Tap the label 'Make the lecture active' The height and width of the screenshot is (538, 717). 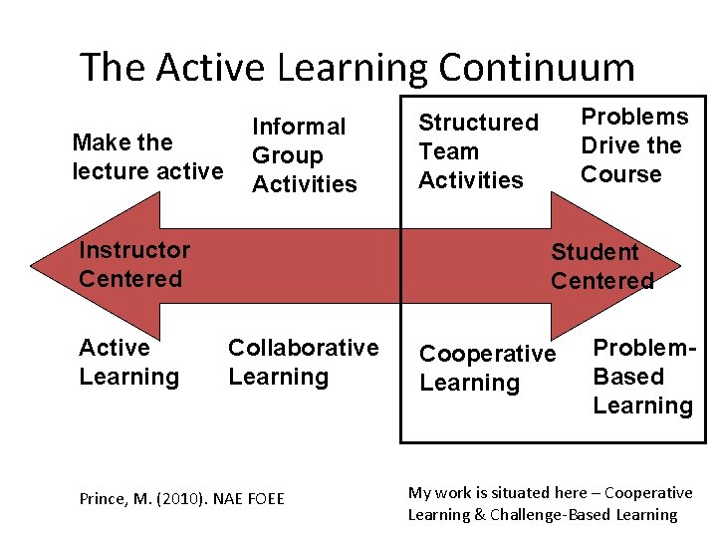pos(147,156)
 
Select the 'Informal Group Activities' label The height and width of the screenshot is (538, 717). pos(304,155)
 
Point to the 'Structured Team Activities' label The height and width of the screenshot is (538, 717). pos(478,151)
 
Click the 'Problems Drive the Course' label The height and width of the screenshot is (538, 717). pos(633,145)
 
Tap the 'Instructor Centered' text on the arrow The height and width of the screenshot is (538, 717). pos(133,264)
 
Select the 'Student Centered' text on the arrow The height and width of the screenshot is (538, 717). pos(601,266)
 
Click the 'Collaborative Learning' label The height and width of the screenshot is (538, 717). pos(303,362)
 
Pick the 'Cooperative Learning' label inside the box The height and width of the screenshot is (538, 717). pos(487,369)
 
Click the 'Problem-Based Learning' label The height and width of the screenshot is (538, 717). pos(642,377)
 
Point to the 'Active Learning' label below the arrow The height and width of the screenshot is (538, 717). pos(128,362)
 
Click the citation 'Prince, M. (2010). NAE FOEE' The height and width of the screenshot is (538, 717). pos(182,497)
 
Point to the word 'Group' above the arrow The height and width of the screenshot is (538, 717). pos(287,155)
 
